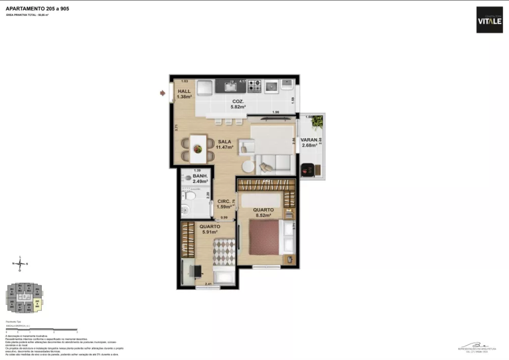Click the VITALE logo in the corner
(x=489, y=20)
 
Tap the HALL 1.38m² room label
(x=184, y=94)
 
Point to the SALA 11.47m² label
(x=225, y=144)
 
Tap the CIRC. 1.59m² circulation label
(x=225, y=204)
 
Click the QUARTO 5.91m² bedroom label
(x=210, y=230)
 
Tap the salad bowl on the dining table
(x=197, y=149)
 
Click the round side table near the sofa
(x=248, y=167)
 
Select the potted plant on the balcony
(x=318, y=122)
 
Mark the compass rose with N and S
(x=20, y=264)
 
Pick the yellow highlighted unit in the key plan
(x=38, y=306)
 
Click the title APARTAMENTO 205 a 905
(x=37, y=9)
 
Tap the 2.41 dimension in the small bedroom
(x=208, y=284)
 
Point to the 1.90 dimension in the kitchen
(x=275, y=112)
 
